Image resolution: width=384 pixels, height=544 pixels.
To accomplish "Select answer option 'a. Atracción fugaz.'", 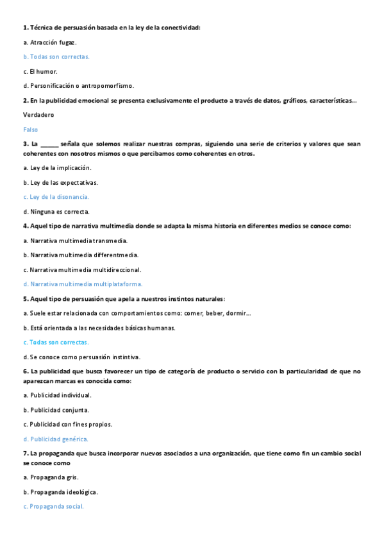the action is coord(49,42).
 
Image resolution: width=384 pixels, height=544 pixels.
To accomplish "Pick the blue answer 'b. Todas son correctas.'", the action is coord(56,56).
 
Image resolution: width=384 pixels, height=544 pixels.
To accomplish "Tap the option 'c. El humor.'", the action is coord(40,71).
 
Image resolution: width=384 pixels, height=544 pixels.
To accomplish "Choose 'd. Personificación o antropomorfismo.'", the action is coord(78,85).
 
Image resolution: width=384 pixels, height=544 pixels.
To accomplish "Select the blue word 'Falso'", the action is coord(30,129).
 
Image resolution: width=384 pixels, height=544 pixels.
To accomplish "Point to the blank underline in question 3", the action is coord(49,144).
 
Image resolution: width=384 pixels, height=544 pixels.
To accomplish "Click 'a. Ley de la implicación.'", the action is coord(56,167).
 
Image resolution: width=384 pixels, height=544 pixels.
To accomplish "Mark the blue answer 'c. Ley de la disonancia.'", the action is coord(56,197).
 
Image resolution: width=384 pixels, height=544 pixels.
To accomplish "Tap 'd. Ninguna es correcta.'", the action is coord(56,211).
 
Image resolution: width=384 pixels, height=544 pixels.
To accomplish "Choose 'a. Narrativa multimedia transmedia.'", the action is coord(75,241).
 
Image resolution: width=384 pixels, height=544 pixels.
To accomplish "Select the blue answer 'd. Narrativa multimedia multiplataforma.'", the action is coord(82,284).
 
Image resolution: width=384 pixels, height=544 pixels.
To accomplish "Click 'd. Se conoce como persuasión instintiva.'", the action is coord(81,357).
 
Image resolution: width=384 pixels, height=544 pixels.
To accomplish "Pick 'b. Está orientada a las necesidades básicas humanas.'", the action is coord(99,328).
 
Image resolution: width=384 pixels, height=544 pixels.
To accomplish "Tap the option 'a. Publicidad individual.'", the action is coord(56,395).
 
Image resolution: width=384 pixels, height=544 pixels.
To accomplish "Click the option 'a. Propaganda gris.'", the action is coord(51,477).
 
